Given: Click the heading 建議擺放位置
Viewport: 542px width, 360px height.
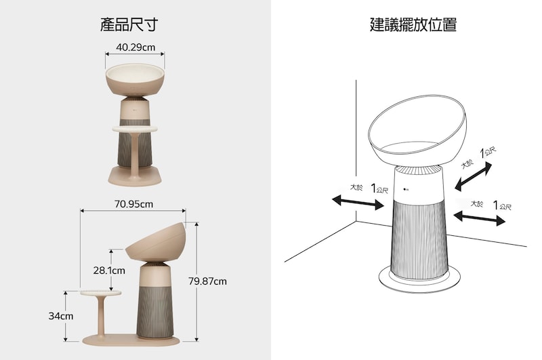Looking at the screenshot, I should [413, 26].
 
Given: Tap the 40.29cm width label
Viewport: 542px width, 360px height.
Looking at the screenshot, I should [135, 47].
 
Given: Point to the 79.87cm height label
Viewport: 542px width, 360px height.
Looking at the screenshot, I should [207, 281].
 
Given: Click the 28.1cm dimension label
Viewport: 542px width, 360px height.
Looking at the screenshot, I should [109, 271].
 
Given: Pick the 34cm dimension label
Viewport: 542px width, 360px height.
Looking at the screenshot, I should [60, 316].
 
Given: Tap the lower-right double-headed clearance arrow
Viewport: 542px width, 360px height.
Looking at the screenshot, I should [479, 217].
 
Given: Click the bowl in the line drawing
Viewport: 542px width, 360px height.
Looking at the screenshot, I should [416, 132].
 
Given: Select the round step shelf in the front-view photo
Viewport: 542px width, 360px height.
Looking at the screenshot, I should [134, 128].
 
